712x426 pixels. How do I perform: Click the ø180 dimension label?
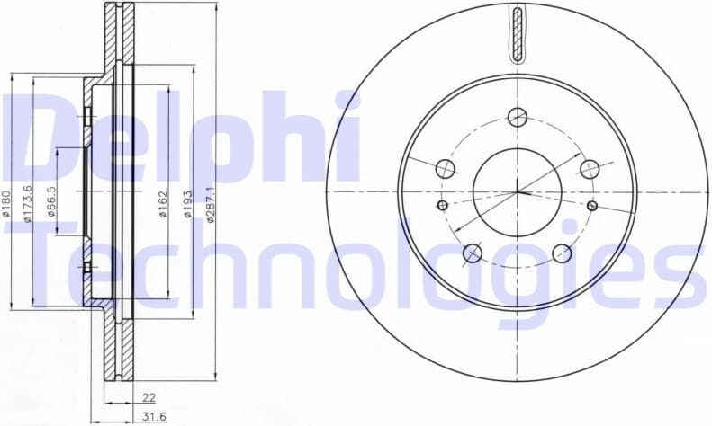[6, 205]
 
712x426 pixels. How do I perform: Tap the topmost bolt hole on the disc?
[517, 117]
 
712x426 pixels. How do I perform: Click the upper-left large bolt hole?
[446, 168]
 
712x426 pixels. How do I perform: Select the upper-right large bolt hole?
[590, 168]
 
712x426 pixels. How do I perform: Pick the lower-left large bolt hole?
[473, 253]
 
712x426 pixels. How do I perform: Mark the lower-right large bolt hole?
[562, 253]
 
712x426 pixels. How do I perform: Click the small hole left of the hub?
[442, 206]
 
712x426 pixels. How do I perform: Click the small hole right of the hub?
[592, 206]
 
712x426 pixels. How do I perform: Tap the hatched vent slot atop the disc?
[517, 34]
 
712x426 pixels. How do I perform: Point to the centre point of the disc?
[518, 191]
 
